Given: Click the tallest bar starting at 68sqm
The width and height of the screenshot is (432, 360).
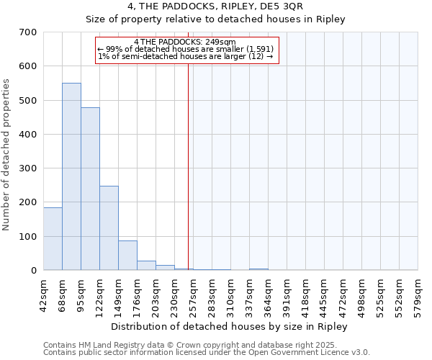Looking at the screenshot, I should [x=71, y=176].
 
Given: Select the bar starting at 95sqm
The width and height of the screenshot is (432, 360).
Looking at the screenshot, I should [x=90, y=189].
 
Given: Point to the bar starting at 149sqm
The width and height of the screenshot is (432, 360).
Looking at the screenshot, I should [x=127, y=256].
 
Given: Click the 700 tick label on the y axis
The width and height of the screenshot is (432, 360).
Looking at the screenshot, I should [x=28, y=32].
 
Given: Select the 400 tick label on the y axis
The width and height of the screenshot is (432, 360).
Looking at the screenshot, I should [x=28, y=135].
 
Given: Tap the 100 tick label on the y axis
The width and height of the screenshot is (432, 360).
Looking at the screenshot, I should [x=28, y=237].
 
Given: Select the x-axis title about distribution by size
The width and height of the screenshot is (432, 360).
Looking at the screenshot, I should [x=230, y=326].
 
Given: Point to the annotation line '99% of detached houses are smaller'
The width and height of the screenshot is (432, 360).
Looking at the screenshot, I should [x=184, y=49].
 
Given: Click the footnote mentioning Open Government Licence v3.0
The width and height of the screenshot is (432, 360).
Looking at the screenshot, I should [x=207, y=352].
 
